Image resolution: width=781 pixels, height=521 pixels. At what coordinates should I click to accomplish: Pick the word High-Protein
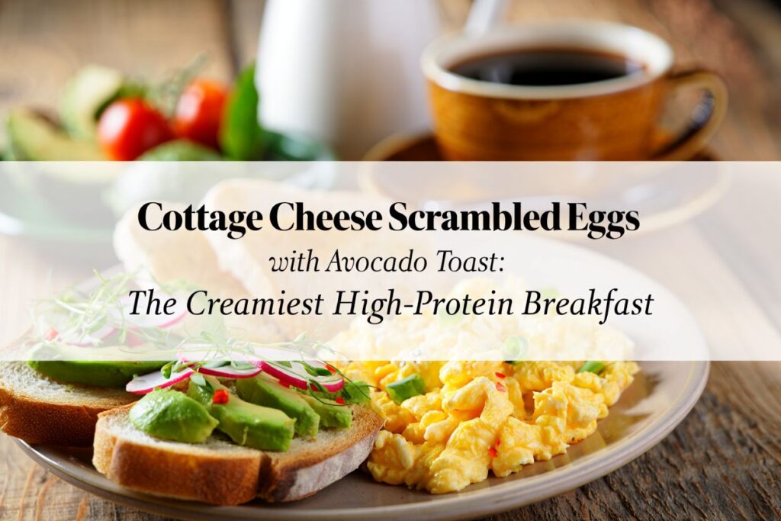417,304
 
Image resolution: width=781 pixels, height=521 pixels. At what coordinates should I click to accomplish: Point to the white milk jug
336,69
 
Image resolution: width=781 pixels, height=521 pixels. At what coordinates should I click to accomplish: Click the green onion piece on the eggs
405,388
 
